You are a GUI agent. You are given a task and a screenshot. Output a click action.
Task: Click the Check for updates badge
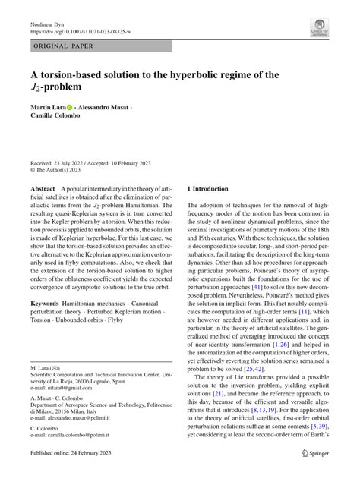(320, 29)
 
